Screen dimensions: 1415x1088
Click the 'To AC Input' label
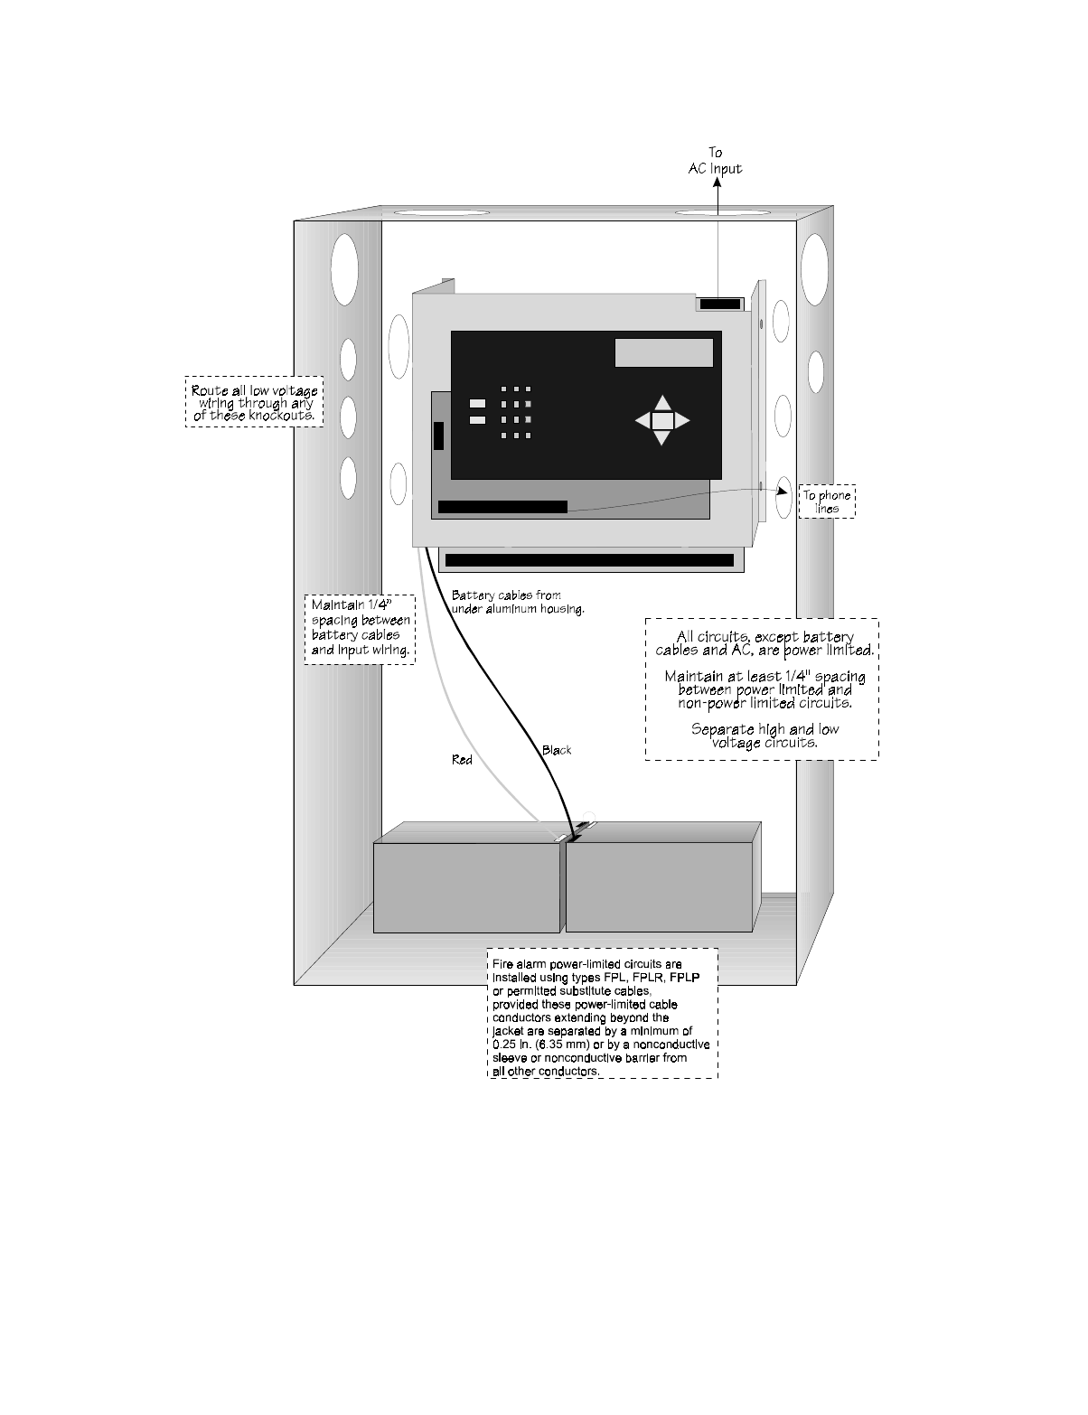(715, 161)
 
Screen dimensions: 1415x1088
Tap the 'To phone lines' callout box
(826, 501)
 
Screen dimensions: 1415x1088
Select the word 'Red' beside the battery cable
(462, 760)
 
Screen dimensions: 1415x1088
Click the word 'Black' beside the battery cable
(557, 750)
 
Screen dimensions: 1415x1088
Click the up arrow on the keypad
(662, 403)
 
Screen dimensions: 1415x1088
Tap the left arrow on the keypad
(642, 420)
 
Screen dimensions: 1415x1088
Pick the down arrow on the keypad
(662, 438)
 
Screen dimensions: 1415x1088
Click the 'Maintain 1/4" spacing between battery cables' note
(360, 629)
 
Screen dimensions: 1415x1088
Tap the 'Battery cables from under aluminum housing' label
(518, 602)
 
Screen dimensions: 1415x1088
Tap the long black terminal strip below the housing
(589, 560)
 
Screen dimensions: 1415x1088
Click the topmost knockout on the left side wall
(344, 268)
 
